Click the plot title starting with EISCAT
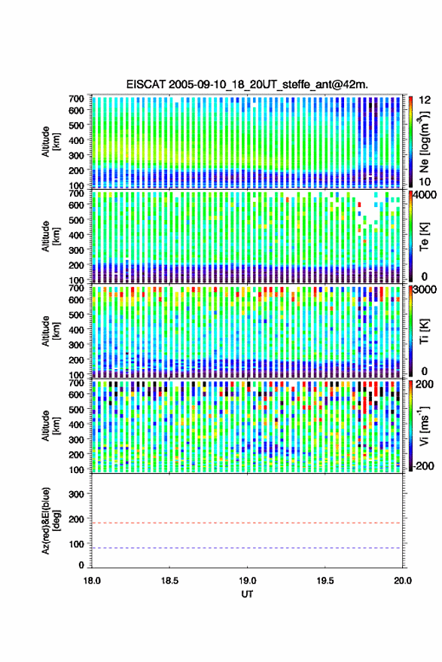(247, 84)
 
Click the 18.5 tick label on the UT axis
(169, 581)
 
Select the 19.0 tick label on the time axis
(248, 581)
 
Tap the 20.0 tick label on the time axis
(403, 581)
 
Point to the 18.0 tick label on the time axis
(92, 581)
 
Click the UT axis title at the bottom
(248, 594)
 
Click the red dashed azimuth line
(246, 523)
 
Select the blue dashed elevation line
(246, 548)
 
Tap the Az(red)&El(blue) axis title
(50, 520)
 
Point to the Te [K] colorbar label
(424, 237)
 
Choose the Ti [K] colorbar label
(424, 331)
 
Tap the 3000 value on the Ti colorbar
(426, 290)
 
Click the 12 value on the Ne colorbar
(425, 100)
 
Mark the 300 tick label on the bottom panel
(76, 494)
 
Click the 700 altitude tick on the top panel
(76, 99)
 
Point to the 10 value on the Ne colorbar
(425, 182)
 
